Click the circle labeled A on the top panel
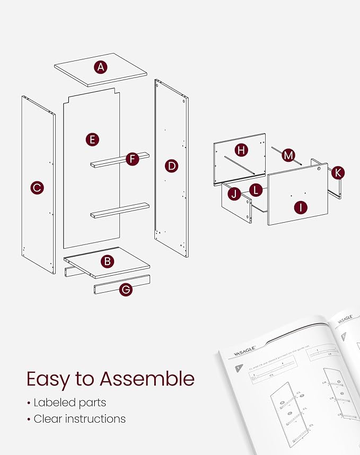[x=101, y=67]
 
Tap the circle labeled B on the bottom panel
[x=107, y=261]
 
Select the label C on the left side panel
[x=37, y=187]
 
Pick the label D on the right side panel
[x=171, y=165]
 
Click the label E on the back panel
[x=92, y=139]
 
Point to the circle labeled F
[x=133, y=158]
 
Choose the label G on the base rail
[x=126, y=289]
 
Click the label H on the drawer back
[x=241, y=150]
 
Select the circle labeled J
[x=234, y=194]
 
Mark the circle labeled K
[x=338, y=172]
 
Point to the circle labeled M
[x=288, y=155]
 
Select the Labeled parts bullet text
[x=69, y=402]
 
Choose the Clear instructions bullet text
[x=80, y=419]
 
